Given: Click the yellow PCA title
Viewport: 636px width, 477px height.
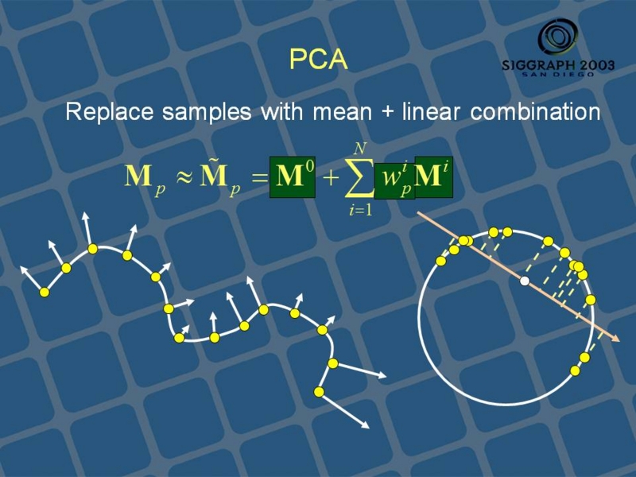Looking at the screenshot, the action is tap(319, 60).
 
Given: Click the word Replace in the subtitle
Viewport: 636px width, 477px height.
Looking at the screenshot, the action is tap(110, 112).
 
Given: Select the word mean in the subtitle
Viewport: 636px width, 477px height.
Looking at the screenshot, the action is tap(343, 112).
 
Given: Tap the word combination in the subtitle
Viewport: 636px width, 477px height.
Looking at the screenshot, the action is tap(535, 111).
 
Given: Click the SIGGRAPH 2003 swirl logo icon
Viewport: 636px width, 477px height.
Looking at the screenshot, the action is tap(559, 37).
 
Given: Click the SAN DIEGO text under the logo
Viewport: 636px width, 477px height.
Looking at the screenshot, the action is tap(558, 74).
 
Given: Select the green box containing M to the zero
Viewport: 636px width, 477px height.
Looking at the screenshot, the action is tap(293, 177).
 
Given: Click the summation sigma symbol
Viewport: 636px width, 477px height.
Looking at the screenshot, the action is tap(359, 177).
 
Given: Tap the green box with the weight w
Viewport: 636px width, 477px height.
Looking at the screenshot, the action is tap(394, 181).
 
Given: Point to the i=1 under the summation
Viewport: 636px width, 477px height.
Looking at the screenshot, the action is tap(361, 211).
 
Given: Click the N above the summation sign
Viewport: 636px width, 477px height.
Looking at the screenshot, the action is tap(360, 149).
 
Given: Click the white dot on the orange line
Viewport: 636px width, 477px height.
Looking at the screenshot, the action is tap(525, 281).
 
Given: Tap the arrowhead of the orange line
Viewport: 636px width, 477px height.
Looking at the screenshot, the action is tap(616, 339).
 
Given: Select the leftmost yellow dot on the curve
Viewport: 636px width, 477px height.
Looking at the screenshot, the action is tap(45, 292).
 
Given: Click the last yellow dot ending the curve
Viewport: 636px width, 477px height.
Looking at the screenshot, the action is tap(320, 392).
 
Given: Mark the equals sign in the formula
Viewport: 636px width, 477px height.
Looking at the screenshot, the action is tap(261, 178).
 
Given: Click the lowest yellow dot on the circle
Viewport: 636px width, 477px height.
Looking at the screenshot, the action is tap(575, 370).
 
